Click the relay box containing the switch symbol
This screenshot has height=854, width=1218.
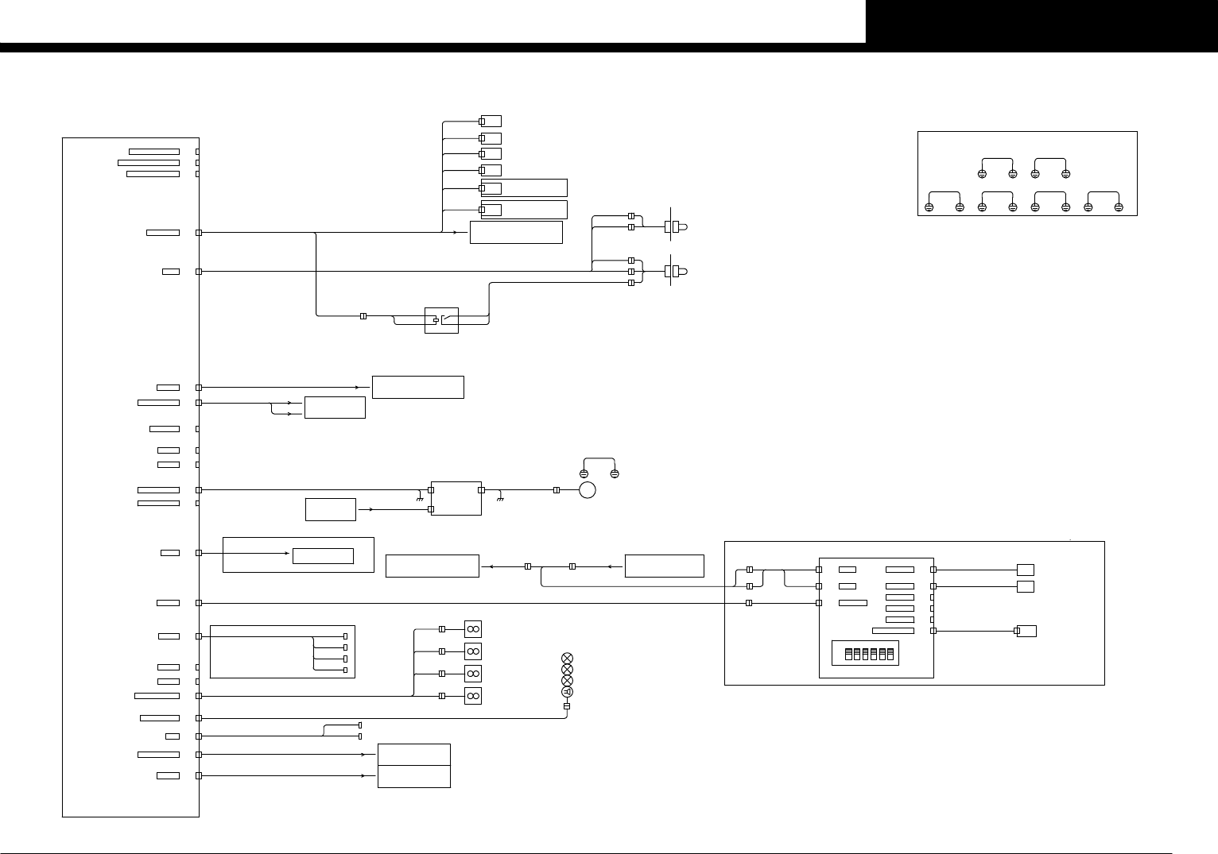coord(441,320)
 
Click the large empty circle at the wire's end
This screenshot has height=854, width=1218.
coord(588,490)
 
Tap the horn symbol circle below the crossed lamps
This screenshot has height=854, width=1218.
coord(567,692)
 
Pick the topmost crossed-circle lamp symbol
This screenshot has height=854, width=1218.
coord(567,659)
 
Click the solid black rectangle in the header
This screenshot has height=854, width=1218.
coord(1042,21)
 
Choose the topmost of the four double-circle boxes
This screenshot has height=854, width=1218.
coord(472,629)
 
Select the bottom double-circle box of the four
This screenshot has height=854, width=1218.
coord(472,696)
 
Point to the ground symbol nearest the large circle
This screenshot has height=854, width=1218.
coord(499,500)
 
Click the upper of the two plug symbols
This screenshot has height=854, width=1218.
coord(677,227)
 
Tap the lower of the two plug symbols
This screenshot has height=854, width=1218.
coord(677,272)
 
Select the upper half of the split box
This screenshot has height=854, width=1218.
coord(413,755)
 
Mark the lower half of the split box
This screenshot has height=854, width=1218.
coord(413,776)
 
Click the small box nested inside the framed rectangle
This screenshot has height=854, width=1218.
coord(323,556)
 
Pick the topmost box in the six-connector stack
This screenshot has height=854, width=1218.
coord(491,122)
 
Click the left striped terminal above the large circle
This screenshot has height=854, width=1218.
coord(584,474)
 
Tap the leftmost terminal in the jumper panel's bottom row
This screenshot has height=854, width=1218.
coord(929,207)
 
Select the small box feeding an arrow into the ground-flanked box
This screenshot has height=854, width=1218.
coord(330,509)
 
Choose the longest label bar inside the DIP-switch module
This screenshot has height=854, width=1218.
coord(893,631)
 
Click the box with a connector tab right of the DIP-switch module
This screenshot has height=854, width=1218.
coord(1026,631)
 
